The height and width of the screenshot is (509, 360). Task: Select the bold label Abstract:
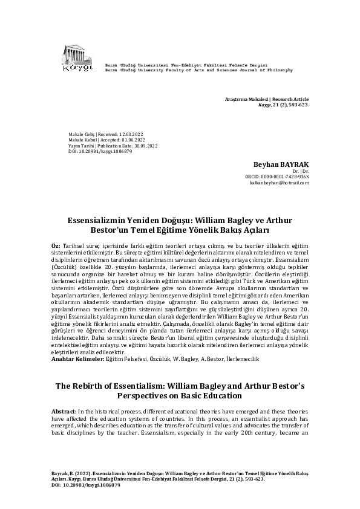(62, 411)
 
